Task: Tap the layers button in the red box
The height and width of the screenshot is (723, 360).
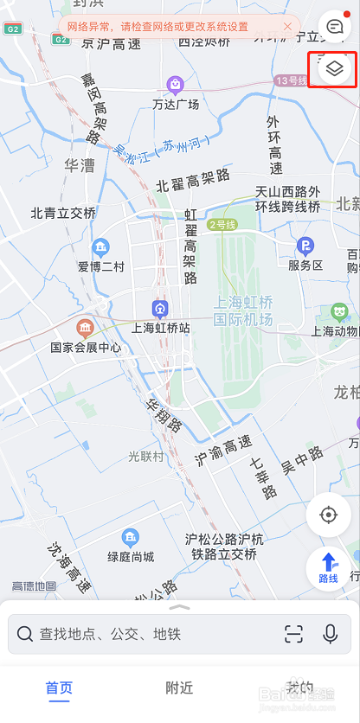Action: coord(334,68)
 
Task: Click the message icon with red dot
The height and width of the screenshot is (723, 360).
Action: coord(334,26)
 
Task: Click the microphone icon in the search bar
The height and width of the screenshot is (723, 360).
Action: coord(330,634)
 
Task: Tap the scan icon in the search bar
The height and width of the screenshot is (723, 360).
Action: coord(293,634)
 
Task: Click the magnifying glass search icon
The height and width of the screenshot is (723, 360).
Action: coord(25,634)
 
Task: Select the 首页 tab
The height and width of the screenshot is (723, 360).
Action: coord(59,688)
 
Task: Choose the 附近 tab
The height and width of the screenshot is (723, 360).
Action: coord(179,688)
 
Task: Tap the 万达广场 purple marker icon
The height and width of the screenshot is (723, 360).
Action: coord(176,84)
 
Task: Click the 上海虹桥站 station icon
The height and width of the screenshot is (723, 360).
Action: coord(160,308)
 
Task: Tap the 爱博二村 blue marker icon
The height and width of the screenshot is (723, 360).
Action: coord(101,246)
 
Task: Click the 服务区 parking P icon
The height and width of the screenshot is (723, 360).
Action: coord(305,246)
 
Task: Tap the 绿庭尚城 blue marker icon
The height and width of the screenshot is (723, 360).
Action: coord(131,537)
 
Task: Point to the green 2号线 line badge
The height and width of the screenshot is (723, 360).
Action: coord(223,225)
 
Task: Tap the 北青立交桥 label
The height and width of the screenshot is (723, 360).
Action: coord(63,213)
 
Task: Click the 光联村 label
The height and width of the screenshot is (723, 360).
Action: coord(146,456)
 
